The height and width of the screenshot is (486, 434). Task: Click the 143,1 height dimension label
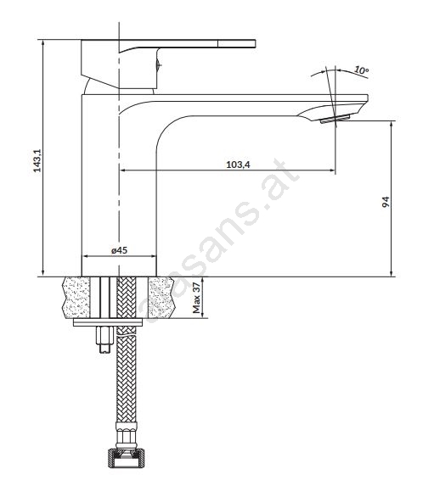[x=37, y=160]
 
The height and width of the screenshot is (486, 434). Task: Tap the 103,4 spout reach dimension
[x=238, y=165]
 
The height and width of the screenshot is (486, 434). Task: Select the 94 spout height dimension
[x=386, y=202]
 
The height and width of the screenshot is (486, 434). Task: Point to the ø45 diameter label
[x=120, y=250]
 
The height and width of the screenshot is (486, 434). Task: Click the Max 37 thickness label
[x=197, y=298]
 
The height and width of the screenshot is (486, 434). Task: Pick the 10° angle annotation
[x=361, y=70]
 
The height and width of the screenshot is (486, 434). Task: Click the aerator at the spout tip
[x=335, y=119]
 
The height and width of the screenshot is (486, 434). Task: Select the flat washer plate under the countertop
[x=108, y=322]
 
